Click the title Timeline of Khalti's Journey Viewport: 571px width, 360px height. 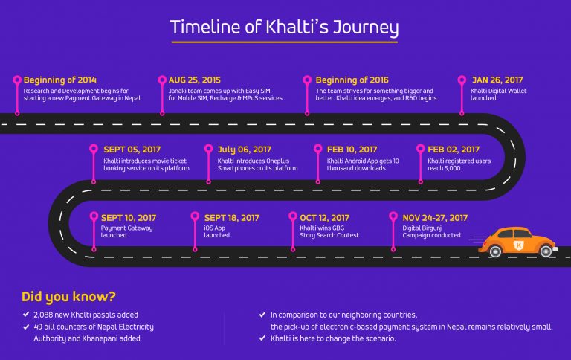[x=284, y=28]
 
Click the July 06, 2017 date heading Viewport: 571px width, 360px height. [x=244, y=150]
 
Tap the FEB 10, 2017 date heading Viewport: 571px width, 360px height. [x=352, y=150]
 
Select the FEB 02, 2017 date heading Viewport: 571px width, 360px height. [x=454, y=150]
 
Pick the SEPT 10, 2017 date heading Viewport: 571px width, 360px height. [x=129, y=218]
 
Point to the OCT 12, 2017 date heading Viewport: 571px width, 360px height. [x=329, y=218]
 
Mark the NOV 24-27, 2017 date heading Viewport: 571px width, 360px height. [x=435, y=218]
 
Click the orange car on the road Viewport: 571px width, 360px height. [x=518, y=242]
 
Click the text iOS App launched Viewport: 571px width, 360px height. [x=217, y=231]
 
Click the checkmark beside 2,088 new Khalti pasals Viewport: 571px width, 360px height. [x=28, y=315]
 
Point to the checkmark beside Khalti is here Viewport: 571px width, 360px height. [x=262, y=338]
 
